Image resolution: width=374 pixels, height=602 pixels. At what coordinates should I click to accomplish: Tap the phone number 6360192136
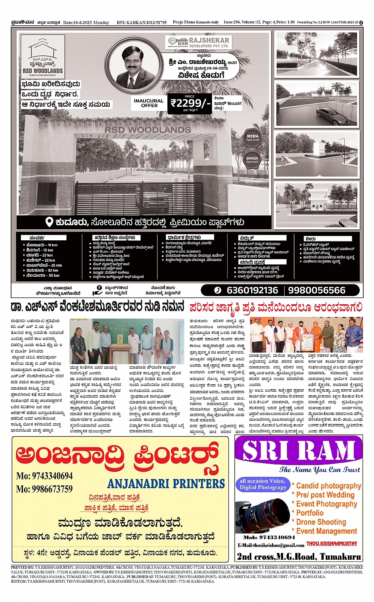click(x=252, y=291)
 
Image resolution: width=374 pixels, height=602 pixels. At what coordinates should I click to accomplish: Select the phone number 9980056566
click(x=317, y=291)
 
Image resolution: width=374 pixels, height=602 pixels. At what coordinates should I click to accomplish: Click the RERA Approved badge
click(x=252, y=137)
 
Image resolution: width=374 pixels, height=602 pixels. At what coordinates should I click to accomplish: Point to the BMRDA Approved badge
click(x=252, y=160)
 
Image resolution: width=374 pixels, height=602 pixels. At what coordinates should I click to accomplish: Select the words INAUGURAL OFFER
click(x=149, y=103)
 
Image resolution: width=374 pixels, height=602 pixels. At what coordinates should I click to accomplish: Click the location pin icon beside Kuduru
click(x=49, y=222)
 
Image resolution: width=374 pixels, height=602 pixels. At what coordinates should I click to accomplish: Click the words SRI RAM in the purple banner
click(x=299, y=450)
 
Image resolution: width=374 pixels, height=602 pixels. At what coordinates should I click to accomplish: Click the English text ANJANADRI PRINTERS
click(x=166, y=483)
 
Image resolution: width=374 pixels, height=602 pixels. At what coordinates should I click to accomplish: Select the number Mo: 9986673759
click(x=44, y=489)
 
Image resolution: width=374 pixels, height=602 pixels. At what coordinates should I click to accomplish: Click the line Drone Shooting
click(x=321, y=522)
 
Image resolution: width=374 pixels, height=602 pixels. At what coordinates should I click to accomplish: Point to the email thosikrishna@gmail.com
click(x=271, y=545)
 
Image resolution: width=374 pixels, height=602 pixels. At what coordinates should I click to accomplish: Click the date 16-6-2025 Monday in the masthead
click(x=86, y=23)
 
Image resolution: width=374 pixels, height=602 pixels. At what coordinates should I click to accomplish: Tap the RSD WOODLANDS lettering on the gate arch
click(x=148, y=130)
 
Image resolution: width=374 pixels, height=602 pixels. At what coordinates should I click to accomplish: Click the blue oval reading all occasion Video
click(x=262, y=484)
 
